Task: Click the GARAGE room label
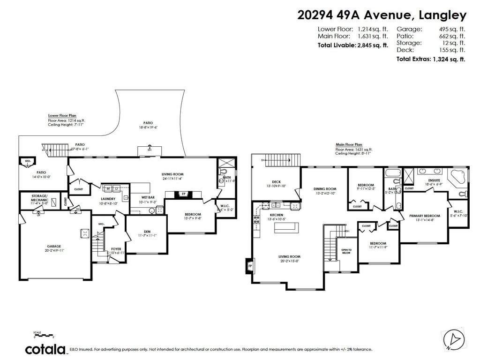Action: pyautogui.click(x=53, y=246)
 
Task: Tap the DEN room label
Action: pyautogui.click(x=147, y=231)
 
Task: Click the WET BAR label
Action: pyautogui.click(x=149, y=197)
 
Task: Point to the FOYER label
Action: pyautogui.click(x=116, y=249)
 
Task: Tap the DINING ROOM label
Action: pyautogui.click(x=325, y=189)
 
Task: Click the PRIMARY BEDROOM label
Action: pyautogui.click(x=422, y=216)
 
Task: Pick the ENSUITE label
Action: pyautogui.click(x=434, y=180)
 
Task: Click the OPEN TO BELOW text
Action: pyautogui.click(x=346, y=251)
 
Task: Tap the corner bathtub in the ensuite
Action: pyautogui.click(x=457, y=177)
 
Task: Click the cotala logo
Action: pyautogui.click(x=45, y=349)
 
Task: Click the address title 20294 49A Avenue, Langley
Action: pyautogui.click(x=382, y=15)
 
